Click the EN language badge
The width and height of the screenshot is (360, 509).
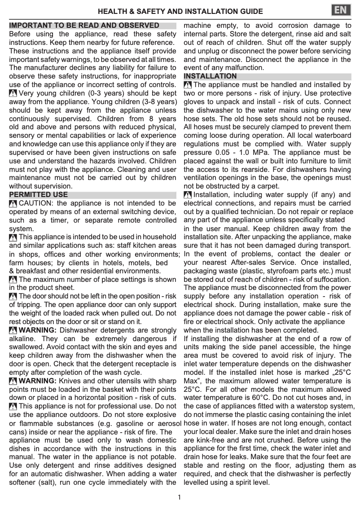click(x=342, y=10)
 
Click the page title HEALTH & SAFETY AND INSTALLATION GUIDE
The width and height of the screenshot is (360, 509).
click(x=180, y=11)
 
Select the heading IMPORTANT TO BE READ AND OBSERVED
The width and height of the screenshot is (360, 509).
click(x=84, y=26)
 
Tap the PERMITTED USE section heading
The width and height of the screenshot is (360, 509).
click(x=39, y=195)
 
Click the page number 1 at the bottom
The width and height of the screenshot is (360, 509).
click(x=180, y=497)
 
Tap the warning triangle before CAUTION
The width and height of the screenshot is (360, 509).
click(x=13, y=204)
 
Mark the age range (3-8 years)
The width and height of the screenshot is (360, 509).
click(x=151, y=102)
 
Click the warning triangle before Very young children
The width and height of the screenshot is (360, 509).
click(x=13, y=94)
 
